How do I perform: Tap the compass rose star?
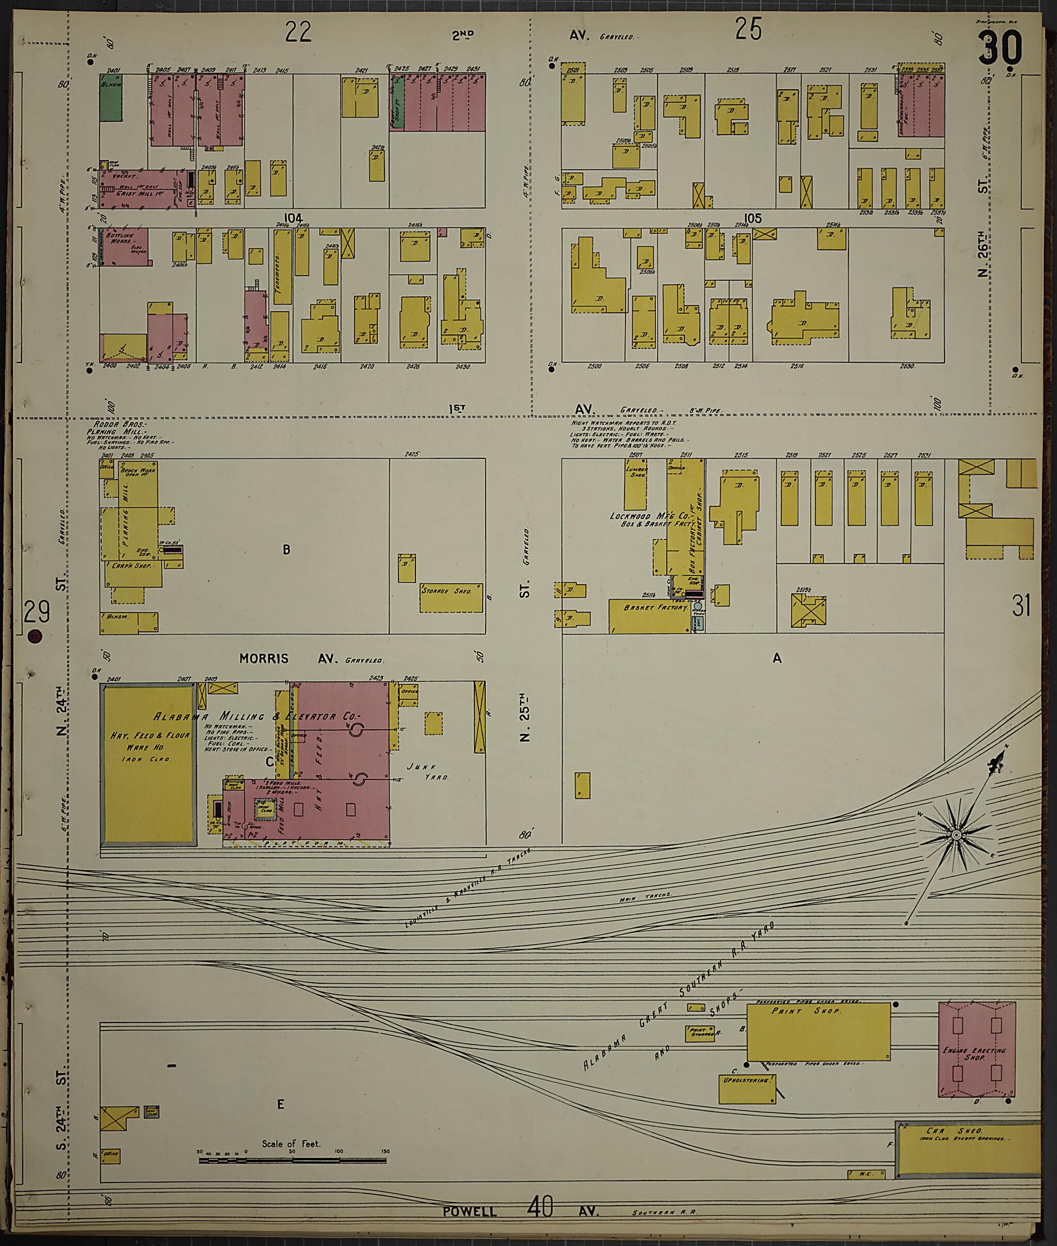coord(956,835)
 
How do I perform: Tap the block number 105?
coord(752,218)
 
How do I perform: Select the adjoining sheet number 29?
coord(37,613)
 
